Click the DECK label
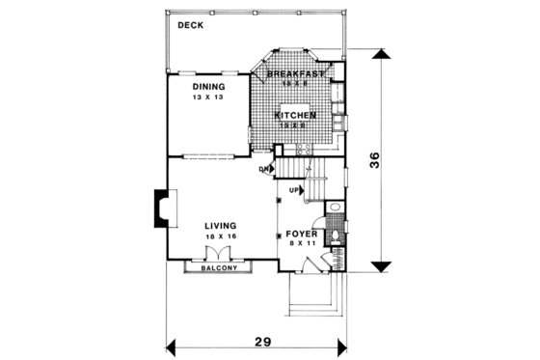tap(189, 25)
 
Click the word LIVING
tap(208, 226)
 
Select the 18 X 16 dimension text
tap(208, 236)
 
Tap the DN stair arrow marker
tap(264, 171)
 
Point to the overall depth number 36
tap(382, 164)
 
